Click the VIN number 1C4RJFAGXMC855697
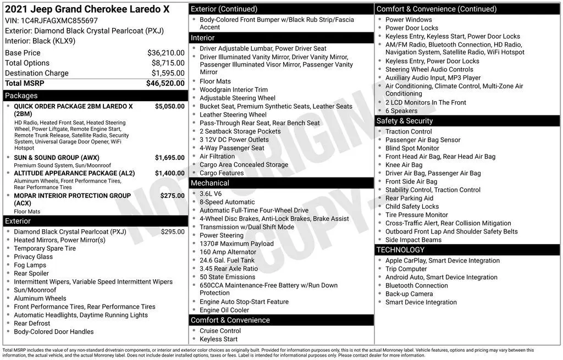click(59, 20)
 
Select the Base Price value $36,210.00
click(165, 53)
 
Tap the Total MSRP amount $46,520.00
click(165, 83)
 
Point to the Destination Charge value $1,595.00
click(168, 73)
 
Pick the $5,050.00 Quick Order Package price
click(169, 106)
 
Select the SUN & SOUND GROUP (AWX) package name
click(57, 158)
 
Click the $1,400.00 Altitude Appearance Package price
click(169, 173)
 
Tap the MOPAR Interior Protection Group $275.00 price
click(172, 195)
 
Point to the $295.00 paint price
click(173, 232)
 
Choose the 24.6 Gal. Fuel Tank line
click(227, 261)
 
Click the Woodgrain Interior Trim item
click(234, 90)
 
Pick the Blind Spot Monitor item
click(412, 148)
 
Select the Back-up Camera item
click(409, 294)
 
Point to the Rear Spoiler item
click(31, 273)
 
